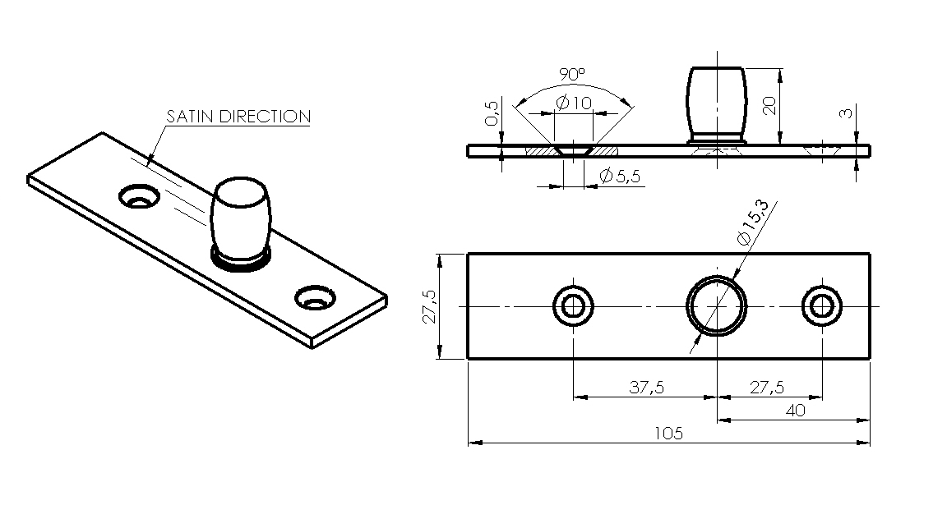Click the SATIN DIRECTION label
(x=238, y=116)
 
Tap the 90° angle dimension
(x=572, y=75)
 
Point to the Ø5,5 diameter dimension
(x=620, y=176)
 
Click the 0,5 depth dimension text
(x=492, y=113)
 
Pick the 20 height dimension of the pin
(x=769, y=106)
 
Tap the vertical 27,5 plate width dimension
(x=429, y=306)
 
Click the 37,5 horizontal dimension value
(x=646, y=387)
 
